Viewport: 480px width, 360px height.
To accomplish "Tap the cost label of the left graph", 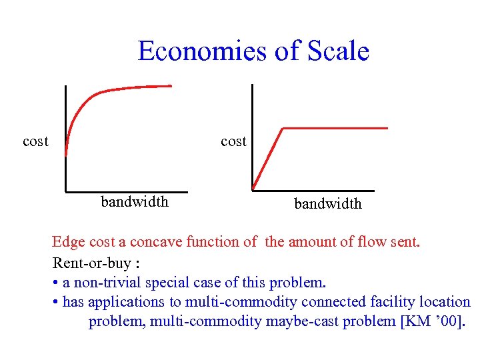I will click(x=35, y=141).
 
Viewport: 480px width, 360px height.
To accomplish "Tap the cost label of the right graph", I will click(x=233, y=141).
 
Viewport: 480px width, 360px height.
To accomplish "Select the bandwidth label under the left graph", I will click(x=134, y=201).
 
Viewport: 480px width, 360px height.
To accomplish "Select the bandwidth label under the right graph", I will click(x=328, y=204).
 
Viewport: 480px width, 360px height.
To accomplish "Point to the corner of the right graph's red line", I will click(x=283, y=128).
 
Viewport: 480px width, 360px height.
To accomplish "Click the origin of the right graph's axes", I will click(x=253, y=190).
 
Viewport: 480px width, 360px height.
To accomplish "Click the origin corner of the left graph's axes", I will click(x=66, y=191).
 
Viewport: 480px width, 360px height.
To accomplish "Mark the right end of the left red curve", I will click(x=171, y=85).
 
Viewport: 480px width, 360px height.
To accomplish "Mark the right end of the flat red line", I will click(x=387, y=127).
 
